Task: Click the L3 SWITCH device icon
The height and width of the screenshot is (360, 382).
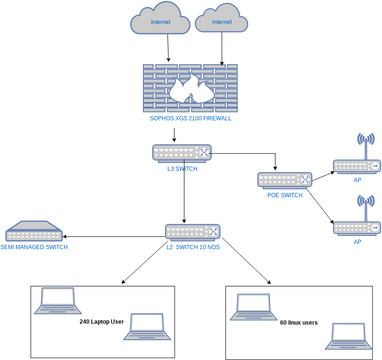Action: [183, 154]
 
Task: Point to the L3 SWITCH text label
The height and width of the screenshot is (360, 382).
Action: [183, 170]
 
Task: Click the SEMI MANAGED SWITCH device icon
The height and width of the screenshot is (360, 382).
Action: [34, 230]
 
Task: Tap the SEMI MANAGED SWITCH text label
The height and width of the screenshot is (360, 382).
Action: [34, 246]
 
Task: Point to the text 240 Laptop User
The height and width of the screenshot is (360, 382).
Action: [101, 323]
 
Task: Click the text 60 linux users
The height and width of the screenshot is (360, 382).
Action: [298, 323]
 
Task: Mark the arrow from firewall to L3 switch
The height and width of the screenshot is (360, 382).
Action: [176, 135]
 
